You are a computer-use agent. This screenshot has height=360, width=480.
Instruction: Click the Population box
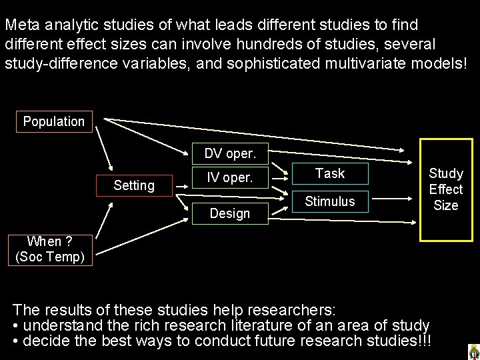coord(54,121)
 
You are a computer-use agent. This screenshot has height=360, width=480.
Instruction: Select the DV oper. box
coord(229,153)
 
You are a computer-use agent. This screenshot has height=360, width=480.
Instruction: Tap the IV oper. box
coord(229,177)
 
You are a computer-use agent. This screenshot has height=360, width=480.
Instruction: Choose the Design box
coord(229,213)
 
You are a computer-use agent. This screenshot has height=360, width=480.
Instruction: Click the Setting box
coord(134,185)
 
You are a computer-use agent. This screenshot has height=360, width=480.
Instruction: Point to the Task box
coord(329,174)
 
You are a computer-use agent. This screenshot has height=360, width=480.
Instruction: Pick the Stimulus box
coord(329,201)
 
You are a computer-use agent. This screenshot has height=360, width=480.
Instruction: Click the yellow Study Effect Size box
coord(445,189)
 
